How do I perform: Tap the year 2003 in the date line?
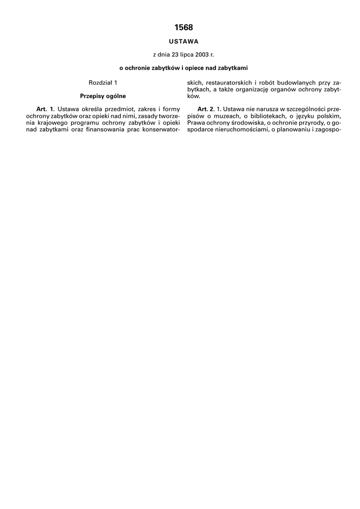[x=195, y=54]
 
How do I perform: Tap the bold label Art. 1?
[x=45, y=109]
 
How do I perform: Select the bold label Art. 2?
[x=206, y=109]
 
